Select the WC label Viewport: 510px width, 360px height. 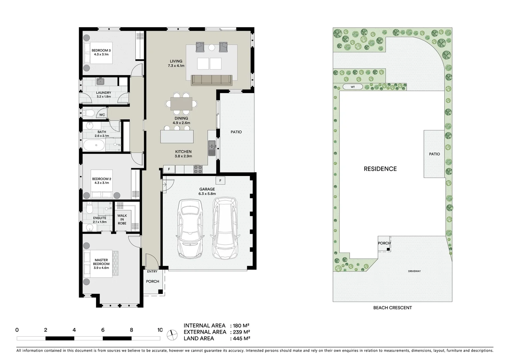pos(102,115)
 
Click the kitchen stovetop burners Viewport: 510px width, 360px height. pos(198,169)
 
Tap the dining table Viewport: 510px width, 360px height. pos(181,103)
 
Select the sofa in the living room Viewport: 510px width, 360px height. pos(211,80)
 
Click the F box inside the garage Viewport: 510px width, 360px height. pos(220,181)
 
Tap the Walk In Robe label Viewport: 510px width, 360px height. pos(122,219)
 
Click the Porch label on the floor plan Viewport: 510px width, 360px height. pos(152,281)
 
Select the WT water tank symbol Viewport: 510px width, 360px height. pos(353,87)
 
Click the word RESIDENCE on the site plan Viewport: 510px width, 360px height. pos(380,169)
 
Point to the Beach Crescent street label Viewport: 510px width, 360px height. pos(392,308)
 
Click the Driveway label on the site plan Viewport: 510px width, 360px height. pos(414,271)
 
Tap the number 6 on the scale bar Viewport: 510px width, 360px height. pos(103,330)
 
